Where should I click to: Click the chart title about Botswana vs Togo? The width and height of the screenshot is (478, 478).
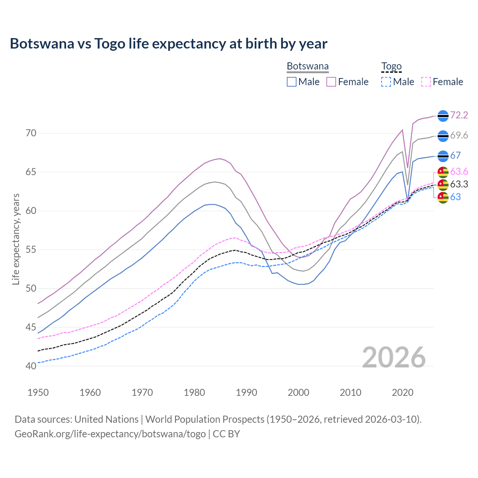coord(168,44)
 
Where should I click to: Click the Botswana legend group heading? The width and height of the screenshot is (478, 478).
coord(308,66)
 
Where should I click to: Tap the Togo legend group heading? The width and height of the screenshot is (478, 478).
coord(391,66)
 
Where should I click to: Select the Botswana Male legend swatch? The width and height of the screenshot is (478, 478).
coord(292,82)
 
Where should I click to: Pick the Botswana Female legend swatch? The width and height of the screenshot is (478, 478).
coord(331,82)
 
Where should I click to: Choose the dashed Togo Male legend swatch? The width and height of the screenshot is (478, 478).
coord(386,82)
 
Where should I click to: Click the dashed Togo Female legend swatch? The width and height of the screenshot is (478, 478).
coord(426,82)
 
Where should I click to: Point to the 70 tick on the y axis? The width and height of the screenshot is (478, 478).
coord(31,133)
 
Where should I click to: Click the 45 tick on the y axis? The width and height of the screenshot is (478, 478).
coord(31,328)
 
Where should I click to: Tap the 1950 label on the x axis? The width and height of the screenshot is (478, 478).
coord(38,392)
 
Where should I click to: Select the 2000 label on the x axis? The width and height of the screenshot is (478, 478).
coord(298,392)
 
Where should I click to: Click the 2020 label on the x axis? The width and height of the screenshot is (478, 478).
coord(403,392)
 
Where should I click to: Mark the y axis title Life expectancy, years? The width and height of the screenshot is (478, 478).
coord(16,239)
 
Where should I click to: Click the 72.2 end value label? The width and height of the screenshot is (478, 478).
coord(459,115)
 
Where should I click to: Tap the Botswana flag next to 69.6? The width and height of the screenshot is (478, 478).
coord(443,136)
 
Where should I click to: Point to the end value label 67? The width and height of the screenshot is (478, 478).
coord(455,155)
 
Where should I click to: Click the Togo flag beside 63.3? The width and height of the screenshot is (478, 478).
coord(443,184)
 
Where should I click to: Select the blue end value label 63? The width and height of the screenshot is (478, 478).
coord(455,197)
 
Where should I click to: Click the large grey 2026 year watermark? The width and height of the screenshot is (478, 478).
coord(394,357)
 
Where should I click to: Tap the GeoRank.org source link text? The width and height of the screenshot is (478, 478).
coord(110,434)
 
